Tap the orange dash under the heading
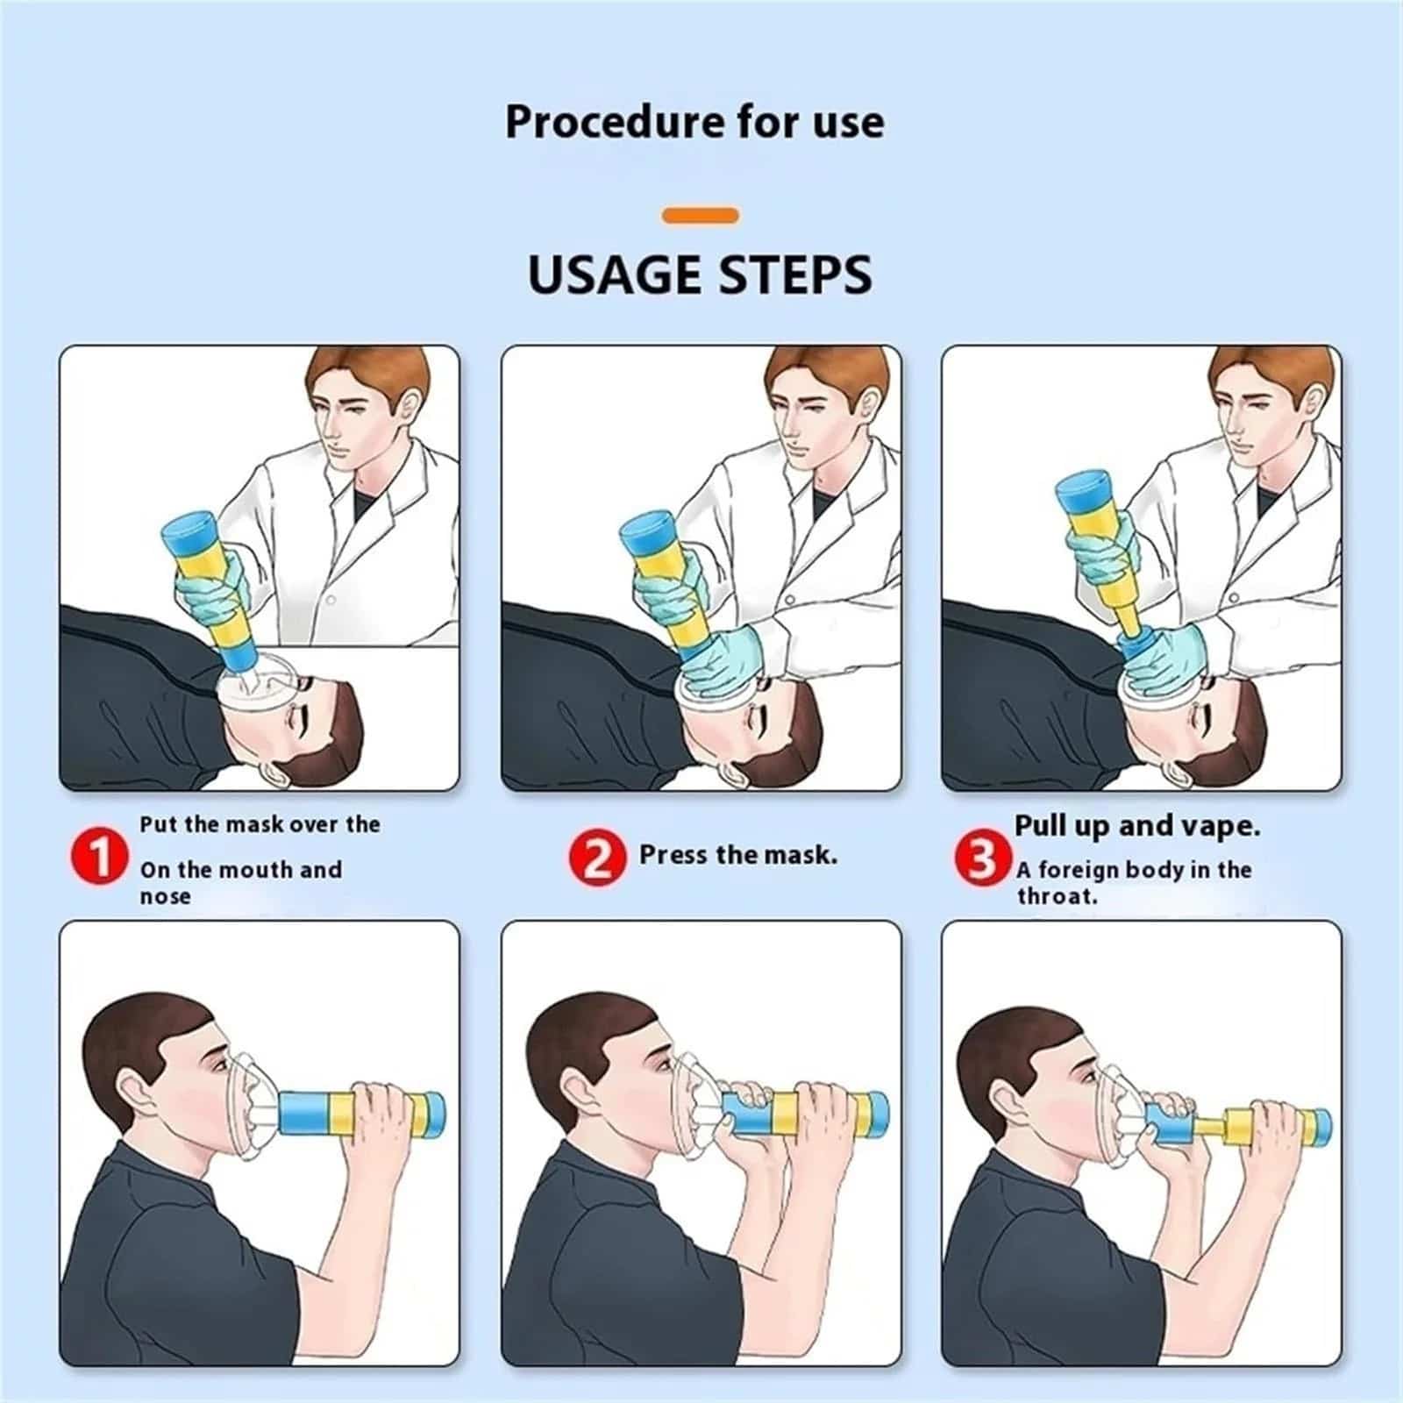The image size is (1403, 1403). tap(701, 215)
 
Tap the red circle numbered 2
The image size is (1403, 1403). tap(597, 857)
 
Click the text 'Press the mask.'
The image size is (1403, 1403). tap(738, 854)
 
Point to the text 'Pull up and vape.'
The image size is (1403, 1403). tap(1137, 826)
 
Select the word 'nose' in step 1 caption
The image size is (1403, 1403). tap(165, 896)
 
